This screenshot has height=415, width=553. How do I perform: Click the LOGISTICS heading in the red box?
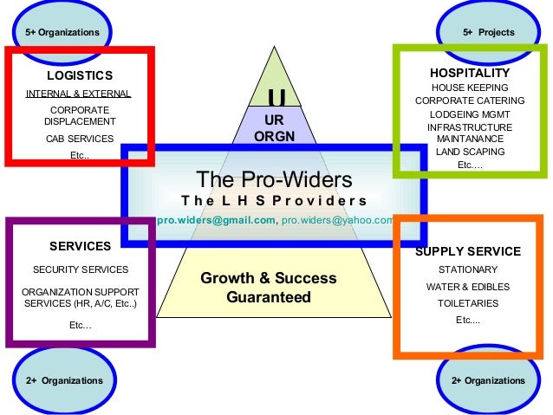(79, 75)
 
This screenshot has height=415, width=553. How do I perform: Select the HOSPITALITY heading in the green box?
(470, 73)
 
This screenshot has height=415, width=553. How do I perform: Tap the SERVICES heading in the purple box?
(80, 246)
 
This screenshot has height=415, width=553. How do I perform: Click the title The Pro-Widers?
(275, 179)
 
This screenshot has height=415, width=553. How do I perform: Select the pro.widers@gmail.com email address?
(216, 221)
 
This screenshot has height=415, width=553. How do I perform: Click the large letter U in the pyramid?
(276, 96)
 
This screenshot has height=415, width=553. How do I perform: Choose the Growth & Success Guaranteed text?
(269, 288)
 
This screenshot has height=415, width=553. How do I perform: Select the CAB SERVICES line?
(79, 139)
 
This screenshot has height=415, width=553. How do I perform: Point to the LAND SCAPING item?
(470, 151)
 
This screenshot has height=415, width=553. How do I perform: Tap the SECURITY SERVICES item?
(80, 269)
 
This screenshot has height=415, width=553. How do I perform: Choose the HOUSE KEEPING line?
(470, 88)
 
